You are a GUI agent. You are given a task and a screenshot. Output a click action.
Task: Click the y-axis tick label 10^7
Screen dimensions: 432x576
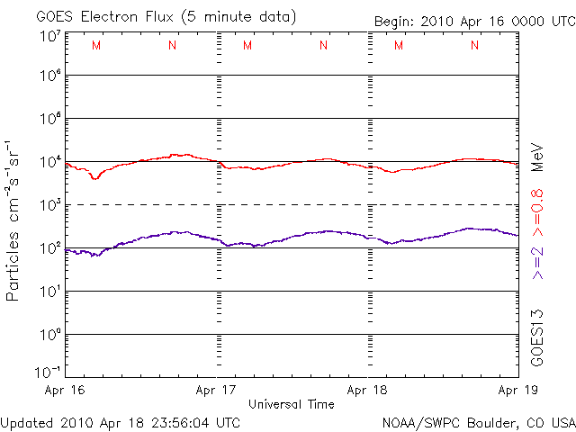[49, 37]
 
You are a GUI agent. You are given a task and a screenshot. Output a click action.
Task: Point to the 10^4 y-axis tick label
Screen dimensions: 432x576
[49, 162]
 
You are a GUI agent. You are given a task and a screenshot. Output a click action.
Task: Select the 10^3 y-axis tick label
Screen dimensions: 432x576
[49, 205]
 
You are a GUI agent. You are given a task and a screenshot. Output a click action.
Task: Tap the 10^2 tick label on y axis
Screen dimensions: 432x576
[49, 248]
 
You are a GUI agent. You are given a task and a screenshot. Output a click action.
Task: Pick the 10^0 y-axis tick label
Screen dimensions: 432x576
[49, 335]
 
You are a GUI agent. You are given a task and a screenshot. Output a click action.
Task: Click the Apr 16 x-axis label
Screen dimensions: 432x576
[64, 391]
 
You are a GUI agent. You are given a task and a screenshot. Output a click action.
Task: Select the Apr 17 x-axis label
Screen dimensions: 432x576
[216, 391]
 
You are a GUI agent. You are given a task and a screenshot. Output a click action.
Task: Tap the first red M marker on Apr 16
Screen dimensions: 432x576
[96, 46]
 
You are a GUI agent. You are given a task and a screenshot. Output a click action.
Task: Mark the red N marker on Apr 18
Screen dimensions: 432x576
[474, 46]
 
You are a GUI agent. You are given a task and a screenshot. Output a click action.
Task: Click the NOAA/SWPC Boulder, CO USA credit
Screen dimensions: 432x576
[479, 422]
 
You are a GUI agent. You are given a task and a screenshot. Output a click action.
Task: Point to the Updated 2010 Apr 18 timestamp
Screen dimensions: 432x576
[121, 422]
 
